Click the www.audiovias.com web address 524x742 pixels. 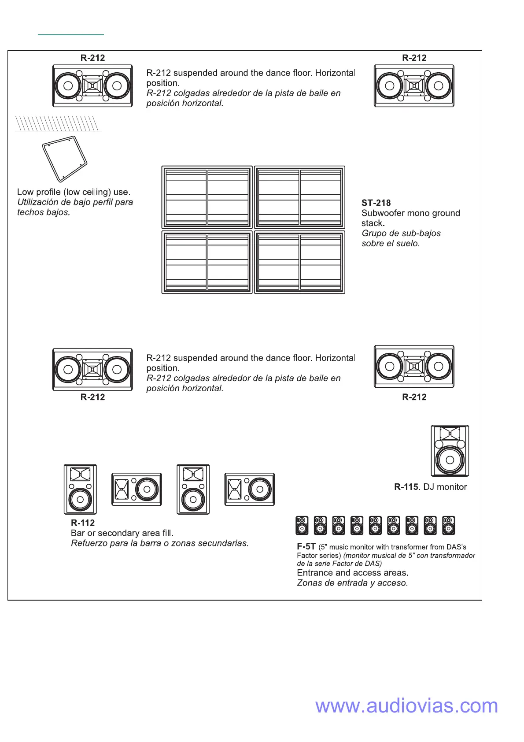click(406, 706)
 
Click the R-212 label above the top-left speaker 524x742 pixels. click(93, 58)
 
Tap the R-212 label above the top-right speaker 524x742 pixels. click(414, 58)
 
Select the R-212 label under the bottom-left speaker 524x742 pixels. click(93, 397)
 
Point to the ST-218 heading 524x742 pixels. click(376, 203)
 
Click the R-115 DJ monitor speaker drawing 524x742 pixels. click(450, 451)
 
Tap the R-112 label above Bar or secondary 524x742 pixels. click(83, 523)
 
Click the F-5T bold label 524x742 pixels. click(306, 546)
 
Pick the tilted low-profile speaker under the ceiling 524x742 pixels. click(65, 159)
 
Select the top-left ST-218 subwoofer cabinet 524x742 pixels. click(207, 197)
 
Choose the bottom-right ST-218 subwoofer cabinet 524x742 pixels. click(299, 262)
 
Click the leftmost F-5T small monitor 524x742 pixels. click(302, 525)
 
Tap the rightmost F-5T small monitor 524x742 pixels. click(448, 525)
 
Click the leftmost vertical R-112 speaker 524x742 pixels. click(80, 489)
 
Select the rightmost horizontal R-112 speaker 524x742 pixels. click(249, 489)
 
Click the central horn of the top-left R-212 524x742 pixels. click(92, 86)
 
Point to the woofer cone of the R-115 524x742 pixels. click(450, 460)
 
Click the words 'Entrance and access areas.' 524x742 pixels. click(353, 573)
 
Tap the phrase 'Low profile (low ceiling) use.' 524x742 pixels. click(74, 192)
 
